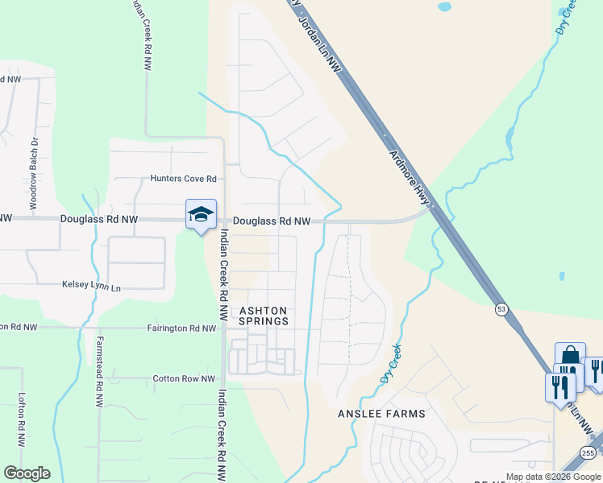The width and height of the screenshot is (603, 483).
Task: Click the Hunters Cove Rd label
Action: [184, 179]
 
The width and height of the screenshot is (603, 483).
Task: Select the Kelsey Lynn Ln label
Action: [91, 287]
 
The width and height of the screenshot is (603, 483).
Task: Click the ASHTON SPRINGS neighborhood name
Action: [264, 316]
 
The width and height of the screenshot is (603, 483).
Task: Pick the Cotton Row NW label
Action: [184, 378]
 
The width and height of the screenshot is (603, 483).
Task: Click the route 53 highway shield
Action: [502, 309]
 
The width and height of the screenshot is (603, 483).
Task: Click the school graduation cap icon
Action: [201, 214]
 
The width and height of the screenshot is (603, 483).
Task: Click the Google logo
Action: [27, 473]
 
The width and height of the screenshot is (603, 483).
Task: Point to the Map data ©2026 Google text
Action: [553, 477]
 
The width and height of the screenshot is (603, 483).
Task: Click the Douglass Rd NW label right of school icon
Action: [272, 221]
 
